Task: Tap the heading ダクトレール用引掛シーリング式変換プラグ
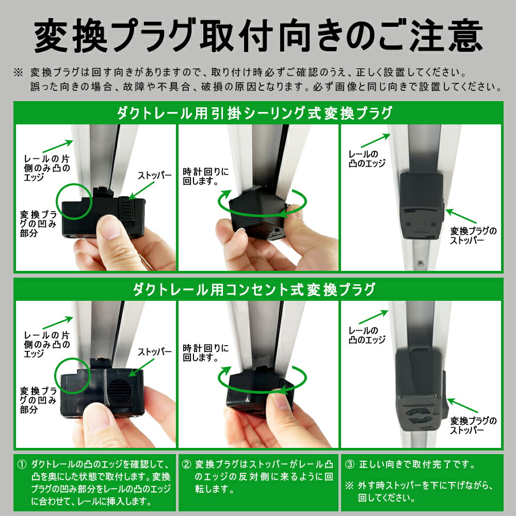(258, 112)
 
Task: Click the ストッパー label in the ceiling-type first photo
(154, 175)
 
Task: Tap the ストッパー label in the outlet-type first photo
(154, 352)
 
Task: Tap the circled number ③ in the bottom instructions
(350, 465)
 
